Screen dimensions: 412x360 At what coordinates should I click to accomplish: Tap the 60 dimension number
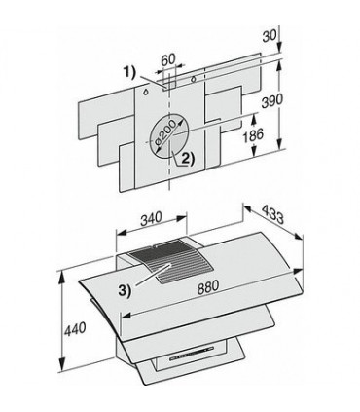pos(168,59)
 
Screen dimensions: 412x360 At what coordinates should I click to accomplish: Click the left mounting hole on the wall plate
pos(143,85)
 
